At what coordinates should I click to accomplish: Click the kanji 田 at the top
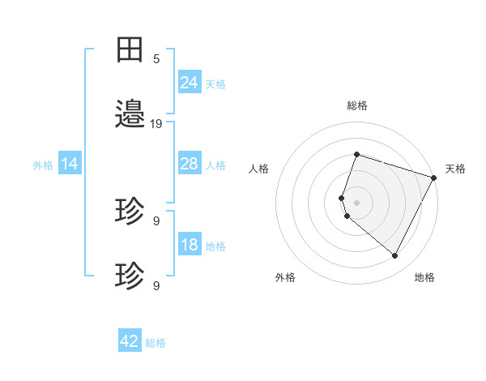point(130,49)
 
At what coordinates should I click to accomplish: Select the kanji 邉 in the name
point(130,114)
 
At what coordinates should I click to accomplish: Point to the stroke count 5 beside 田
point(156,58)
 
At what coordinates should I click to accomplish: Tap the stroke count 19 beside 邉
point(156,124)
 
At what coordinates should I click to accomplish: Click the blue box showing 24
point(189,82)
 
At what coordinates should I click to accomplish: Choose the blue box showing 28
point(189,164)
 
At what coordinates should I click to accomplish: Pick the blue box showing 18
point(189,245)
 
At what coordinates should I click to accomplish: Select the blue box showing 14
point(70,164)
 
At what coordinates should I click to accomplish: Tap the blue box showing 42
point(130,341)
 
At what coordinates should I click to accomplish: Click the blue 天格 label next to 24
point(215,83)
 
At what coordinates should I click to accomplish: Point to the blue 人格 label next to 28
point(215,165)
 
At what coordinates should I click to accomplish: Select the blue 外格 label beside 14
point(43,165)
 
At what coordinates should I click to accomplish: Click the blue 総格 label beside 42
point(156,343)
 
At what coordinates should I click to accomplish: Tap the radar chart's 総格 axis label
point(356,105)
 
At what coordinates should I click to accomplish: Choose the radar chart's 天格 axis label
point(455,169)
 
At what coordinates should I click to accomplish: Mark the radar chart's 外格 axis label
point(285,277)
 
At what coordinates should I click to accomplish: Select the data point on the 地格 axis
point(394,255)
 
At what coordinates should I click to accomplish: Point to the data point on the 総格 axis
point(356,154)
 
